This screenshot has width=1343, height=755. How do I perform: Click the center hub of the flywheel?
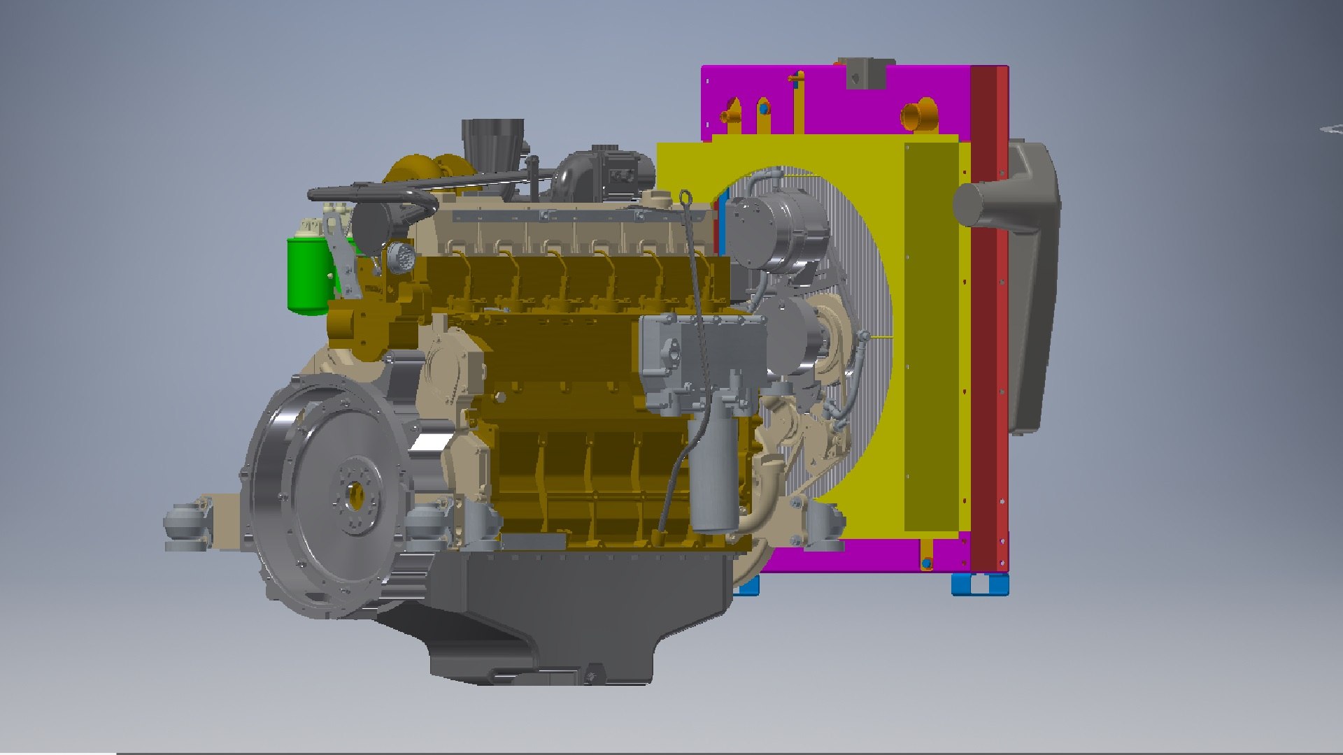coord(355,495)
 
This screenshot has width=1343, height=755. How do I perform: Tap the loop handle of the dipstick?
coord(685,199)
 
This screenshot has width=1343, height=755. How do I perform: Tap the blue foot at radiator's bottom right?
coord(979,584)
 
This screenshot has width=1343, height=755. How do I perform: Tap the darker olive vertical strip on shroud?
coord(931,336)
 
